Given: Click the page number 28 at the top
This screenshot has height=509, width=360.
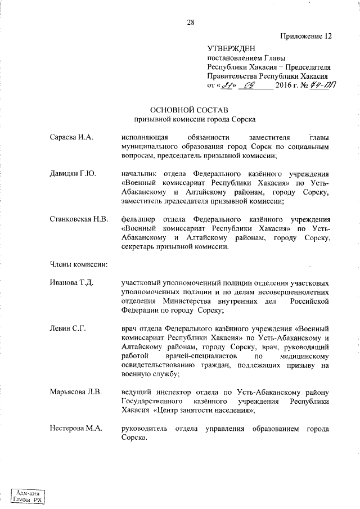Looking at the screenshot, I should coord(191,22).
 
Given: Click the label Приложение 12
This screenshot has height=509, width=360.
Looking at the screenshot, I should coord(305,37).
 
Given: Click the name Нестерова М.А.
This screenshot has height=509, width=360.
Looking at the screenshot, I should coord(75,429).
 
